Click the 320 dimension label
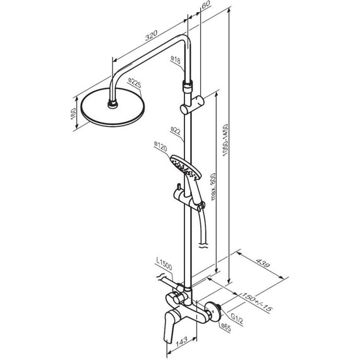(x=152, y=35)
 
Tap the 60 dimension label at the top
(x=206, y=5)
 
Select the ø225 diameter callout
(x=135, y=83)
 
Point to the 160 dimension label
(x=73, y=114)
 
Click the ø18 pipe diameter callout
(x=176, y=60)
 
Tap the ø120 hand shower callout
(x=160, y=147)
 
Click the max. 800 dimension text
(x=213, y=186)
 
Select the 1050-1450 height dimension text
(x=225, y=140)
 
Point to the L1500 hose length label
(x=164, y=264)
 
